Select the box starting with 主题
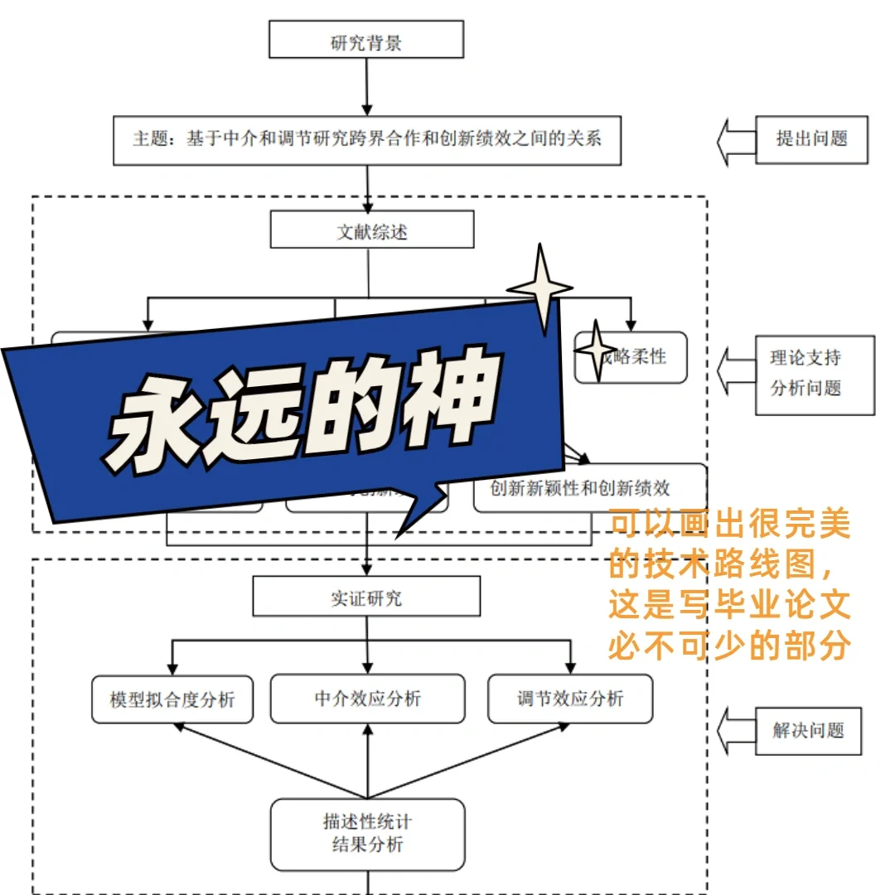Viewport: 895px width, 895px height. pos(366,140)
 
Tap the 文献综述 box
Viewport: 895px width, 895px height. pos(372,230)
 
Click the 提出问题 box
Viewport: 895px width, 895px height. pos(811,139)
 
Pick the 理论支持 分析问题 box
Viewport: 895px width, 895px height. pos(815,375)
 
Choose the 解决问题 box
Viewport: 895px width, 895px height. pos(808,730)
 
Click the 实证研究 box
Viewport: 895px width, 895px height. pos(366,597)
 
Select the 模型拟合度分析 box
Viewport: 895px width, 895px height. pos(172,699)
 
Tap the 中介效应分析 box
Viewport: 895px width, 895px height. pos(368,699)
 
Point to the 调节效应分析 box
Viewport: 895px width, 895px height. pos(570,699)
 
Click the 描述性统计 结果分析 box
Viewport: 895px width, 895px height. pos(367,834)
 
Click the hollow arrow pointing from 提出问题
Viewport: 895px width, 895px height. pos(736,141)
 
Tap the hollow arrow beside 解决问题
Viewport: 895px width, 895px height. pos(736,731)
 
